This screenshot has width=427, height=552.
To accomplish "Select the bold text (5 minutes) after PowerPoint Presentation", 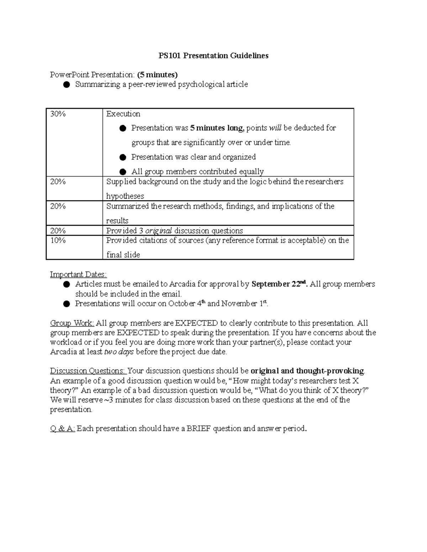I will coord(157,75).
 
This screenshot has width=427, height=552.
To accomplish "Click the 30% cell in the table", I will coord(58,114).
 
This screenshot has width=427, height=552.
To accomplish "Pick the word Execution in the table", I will coord(123,114).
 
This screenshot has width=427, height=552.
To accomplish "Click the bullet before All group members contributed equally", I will coord(123,172).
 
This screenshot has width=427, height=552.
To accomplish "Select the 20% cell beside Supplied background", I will coord(58,182).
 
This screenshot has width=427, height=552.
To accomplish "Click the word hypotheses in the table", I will coord(125,196).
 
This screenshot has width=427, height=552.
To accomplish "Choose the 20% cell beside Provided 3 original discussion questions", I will coord(58,231).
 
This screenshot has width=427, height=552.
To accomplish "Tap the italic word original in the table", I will coord(159,231).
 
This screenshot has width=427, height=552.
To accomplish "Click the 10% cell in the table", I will coord(58,241).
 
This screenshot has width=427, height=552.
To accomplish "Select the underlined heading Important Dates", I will coord(78,274).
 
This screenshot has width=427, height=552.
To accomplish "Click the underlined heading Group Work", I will coord(72,323).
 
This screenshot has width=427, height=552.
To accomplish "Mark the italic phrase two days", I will coord(118,352).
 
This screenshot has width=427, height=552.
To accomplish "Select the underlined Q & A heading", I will coord(62,429).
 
